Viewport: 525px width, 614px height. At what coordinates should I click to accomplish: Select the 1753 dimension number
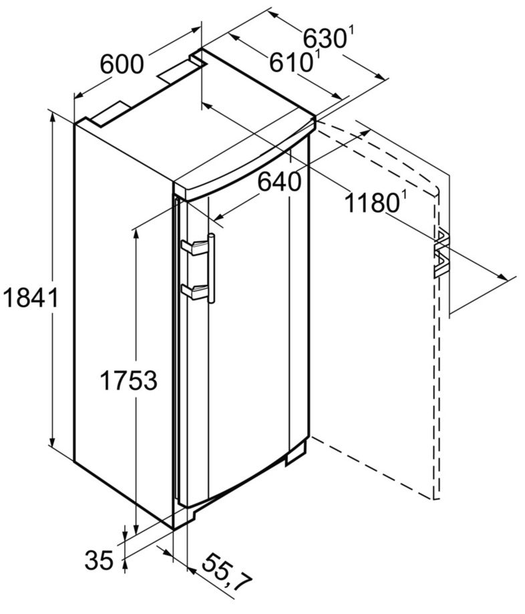coord(129,381)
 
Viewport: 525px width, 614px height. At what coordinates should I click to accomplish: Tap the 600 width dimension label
coord(122,64)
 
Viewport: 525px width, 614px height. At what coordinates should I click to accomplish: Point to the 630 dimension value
coord(325,39)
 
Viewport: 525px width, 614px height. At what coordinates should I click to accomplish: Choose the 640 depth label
coord(280,182)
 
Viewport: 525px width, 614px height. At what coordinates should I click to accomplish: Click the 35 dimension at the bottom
coord(99,560)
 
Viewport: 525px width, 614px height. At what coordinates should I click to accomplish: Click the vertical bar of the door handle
coord(211,268)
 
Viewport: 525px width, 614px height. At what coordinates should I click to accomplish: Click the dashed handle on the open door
coord(441,254)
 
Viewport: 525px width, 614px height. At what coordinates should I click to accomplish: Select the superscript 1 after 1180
coord(402,197)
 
